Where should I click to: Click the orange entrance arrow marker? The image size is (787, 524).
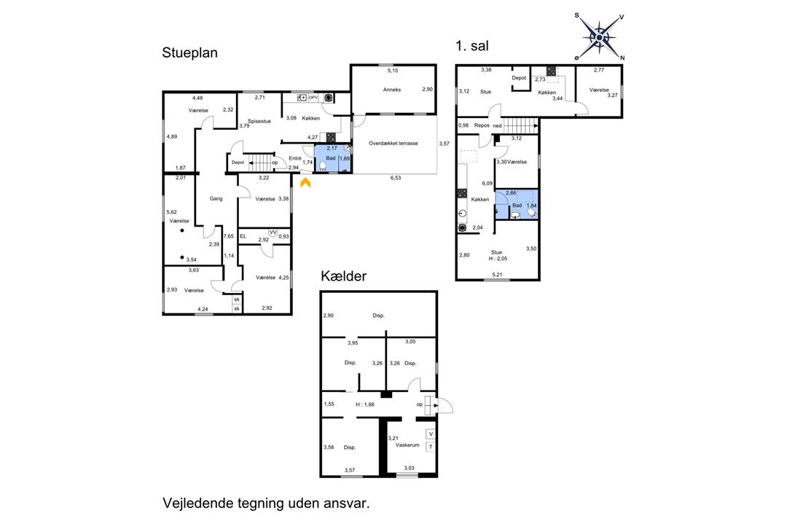click(305, 183)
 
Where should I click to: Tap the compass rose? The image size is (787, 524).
click(600, 36)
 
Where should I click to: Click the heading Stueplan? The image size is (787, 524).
click(189, 53)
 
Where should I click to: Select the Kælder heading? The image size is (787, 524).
click(344, 276)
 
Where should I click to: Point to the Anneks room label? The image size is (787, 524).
click(392, 90)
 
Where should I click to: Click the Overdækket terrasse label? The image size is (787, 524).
click(393, 144)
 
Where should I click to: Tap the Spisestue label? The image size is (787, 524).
click(259, 122)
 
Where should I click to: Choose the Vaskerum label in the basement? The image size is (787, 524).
click(407, 445)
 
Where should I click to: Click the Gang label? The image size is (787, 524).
click(216, 199)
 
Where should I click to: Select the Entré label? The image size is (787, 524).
click(295, 159)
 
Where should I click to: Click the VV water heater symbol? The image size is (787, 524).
click(273, 232)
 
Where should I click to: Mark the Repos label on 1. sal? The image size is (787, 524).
click(482, 125)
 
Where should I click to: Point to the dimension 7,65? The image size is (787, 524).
click(229, 236)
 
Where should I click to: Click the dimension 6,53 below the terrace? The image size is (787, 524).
click(396, 178)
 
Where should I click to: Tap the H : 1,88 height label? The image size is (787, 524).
click(365, 404)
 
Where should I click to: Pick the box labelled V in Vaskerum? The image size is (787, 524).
click(431, 434)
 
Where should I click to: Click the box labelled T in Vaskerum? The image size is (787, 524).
click(431, 447)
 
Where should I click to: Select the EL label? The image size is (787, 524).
click(243, 236)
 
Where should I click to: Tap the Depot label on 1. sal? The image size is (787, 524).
click(519, 78)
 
